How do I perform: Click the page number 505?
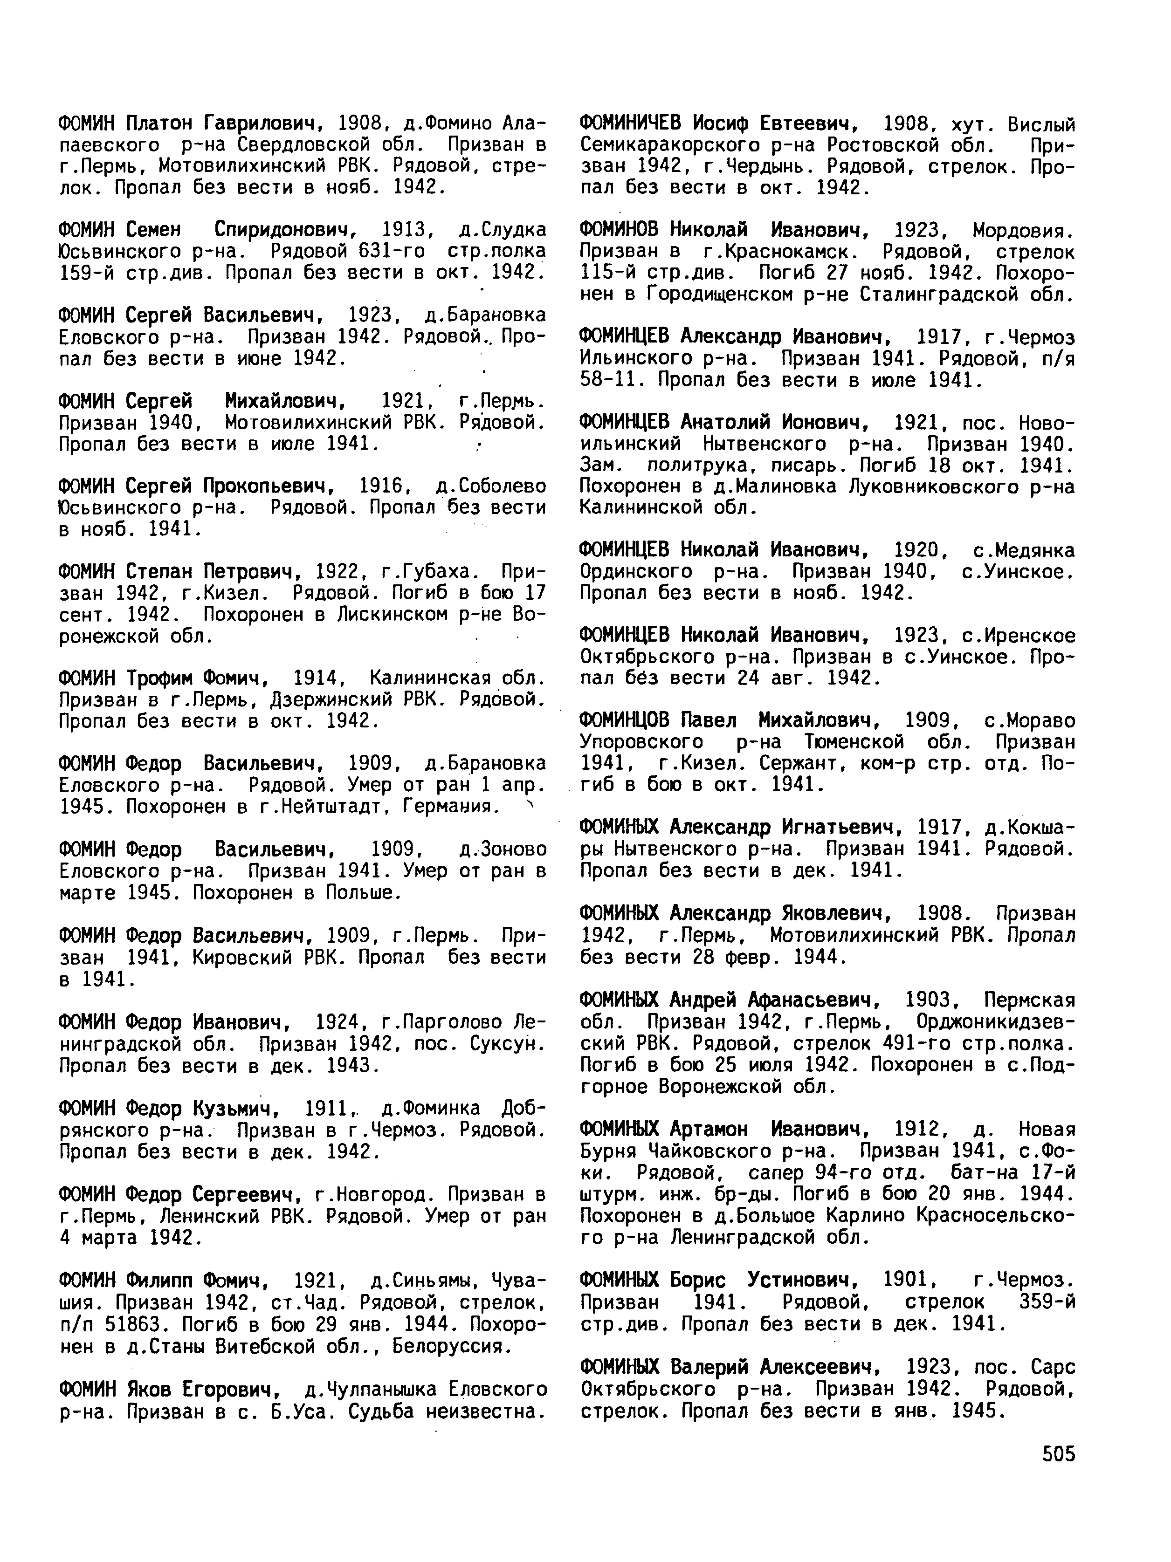click(1058, 1454)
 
